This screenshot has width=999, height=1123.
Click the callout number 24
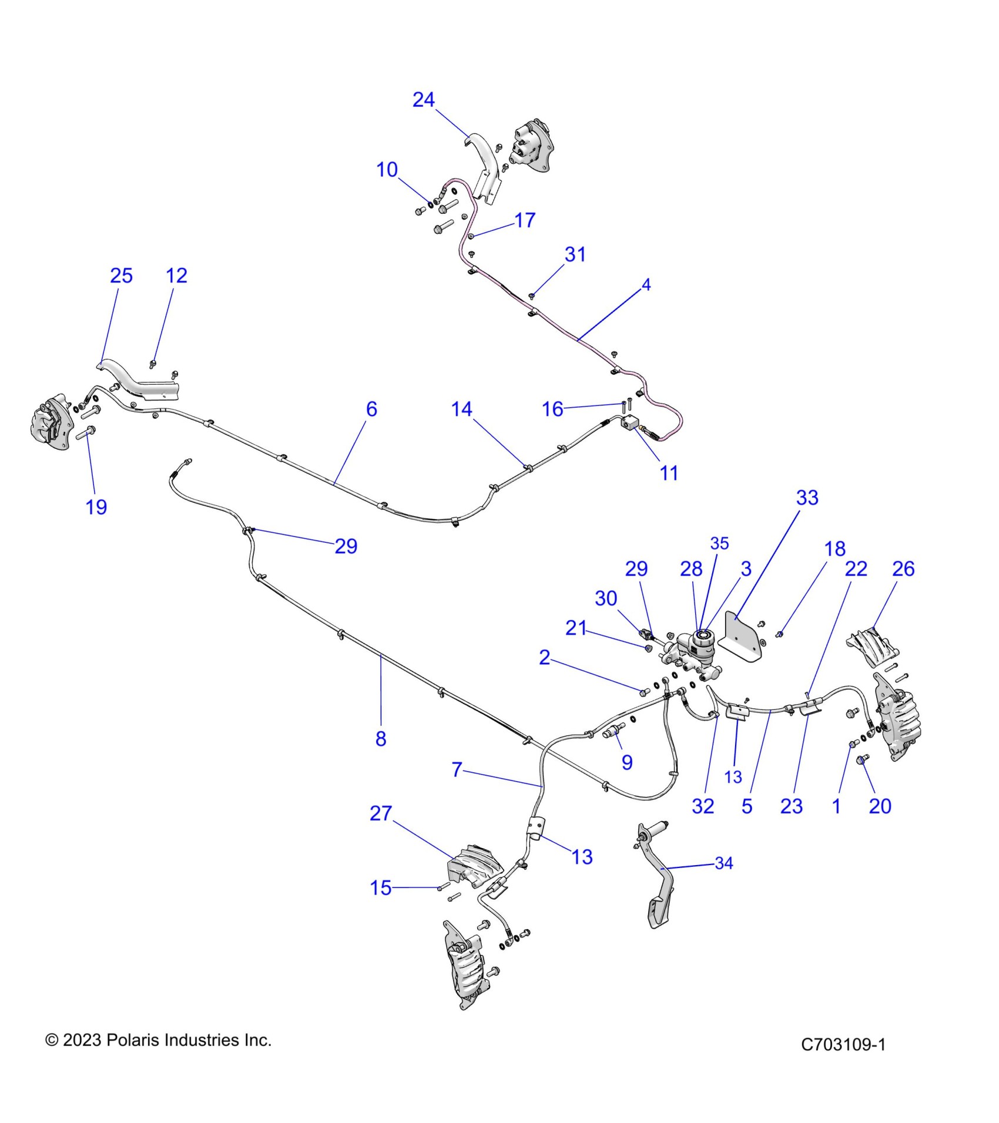[x=423, y=100]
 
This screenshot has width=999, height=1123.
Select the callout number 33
[x=807, y=498]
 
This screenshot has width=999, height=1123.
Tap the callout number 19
[x=96, y=507]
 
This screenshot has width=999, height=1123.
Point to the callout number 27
[x=381, y=813]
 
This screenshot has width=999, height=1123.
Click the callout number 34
[x=724, y=863]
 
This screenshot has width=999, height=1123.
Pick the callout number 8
[x=381, y=738]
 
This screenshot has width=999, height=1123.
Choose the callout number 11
[x=669, y=473]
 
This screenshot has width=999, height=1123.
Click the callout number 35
[x=719, y=543]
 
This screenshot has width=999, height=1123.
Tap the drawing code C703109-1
[x=843, y=1044]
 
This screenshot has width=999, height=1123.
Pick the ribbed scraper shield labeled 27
[x=474, y=868]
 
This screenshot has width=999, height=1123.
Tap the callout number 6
[x=371, y=409]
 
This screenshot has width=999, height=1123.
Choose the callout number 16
[x=552, y=409]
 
